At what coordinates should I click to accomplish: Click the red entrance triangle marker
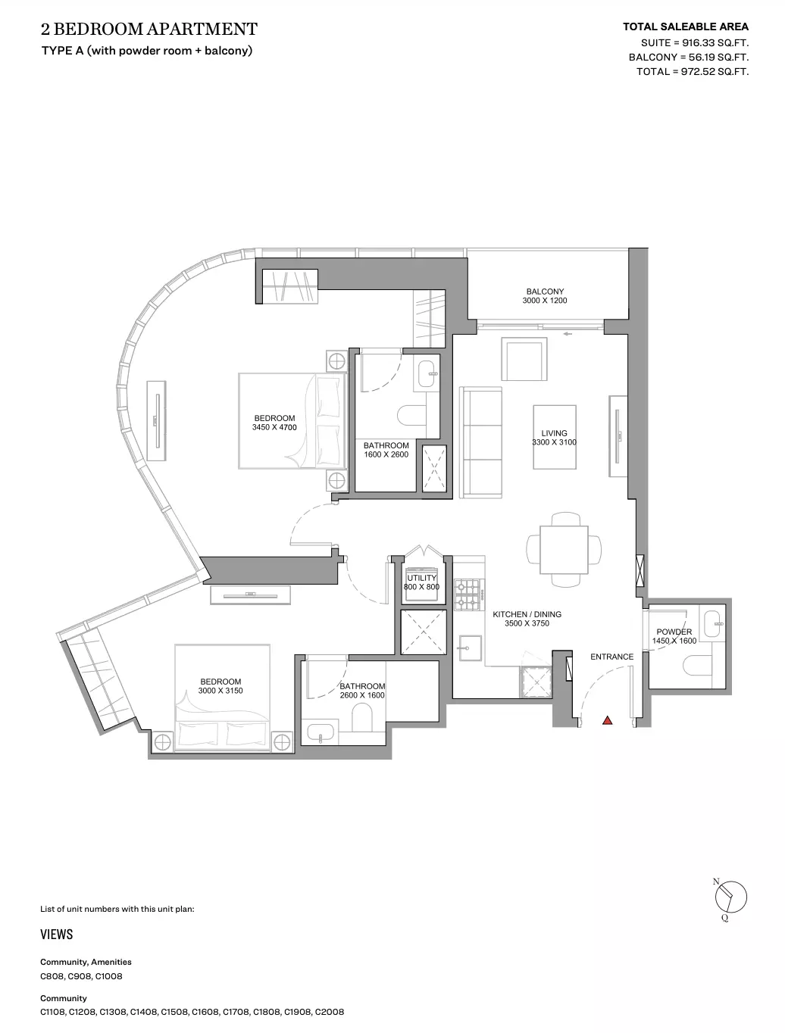click(608, 720)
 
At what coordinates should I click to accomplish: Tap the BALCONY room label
click(545, 292)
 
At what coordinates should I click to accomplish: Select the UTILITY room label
click(421, 577)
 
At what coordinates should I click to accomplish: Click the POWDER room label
click(674, 632)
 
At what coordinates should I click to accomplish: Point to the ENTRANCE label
click(611, 657)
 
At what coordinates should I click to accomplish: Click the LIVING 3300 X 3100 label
click(554, 438)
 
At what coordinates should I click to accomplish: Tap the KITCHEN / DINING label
click(527, 614)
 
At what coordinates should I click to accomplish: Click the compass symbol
click(730, 897)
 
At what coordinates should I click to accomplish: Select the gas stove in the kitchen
click(470, 595)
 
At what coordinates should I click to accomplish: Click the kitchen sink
click(470, 648)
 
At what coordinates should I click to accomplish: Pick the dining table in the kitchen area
click(564, 549)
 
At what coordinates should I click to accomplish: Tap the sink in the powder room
click(712, 624)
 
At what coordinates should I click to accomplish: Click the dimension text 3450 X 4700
click(274, 427)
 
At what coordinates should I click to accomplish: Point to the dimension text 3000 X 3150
click(220, 691)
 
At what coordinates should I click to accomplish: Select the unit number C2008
click(330, 1012)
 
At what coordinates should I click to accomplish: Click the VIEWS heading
click(57, 935)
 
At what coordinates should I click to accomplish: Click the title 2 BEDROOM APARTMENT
click(149, 30)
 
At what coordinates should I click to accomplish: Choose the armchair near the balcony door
click(524, 359)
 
